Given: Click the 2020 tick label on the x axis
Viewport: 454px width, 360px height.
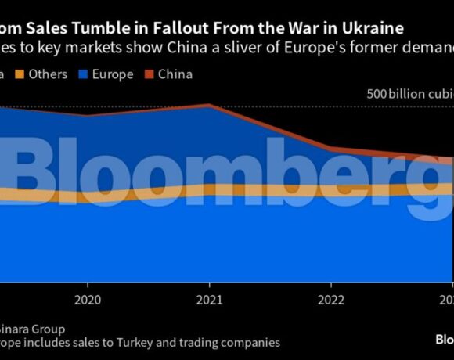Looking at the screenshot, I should [88, 300].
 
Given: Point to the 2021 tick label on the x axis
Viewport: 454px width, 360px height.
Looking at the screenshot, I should [209, 300].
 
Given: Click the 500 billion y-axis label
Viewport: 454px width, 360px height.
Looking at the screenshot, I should [409, 93].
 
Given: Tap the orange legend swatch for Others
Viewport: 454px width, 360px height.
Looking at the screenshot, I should [22, 75].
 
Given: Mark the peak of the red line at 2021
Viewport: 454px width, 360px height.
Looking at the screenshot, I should [209, 104].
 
